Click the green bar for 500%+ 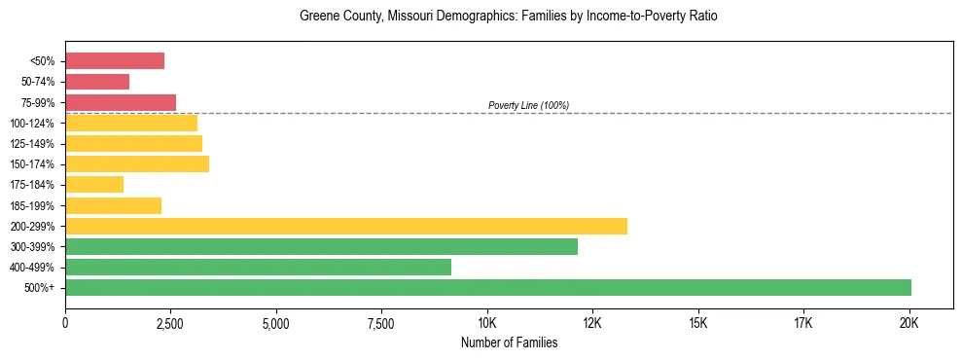[487, 287]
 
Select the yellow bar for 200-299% [345, 226]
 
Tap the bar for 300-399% [321, 246]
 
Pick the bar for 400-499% [258, 267]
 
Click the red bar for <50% [115, 61]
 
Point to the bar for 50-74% [97, 82]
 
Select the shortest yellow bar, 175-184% [94, 184]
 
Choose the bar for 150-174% [137, 163]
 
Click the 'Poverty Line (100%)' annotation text [528, 105]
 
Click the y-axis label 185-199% [34, 205]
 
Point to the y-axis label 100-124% [34, 124]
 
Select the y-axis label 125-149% [34, 144]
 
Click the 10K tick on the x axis [487, 322]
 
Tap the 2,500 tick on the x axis [170, 322]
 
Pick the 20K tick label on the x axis [909, 322]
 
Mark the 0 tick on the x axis [65, 322]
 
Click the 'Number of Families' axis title [509, 342]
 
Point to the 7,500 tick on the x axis [381, 322]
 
